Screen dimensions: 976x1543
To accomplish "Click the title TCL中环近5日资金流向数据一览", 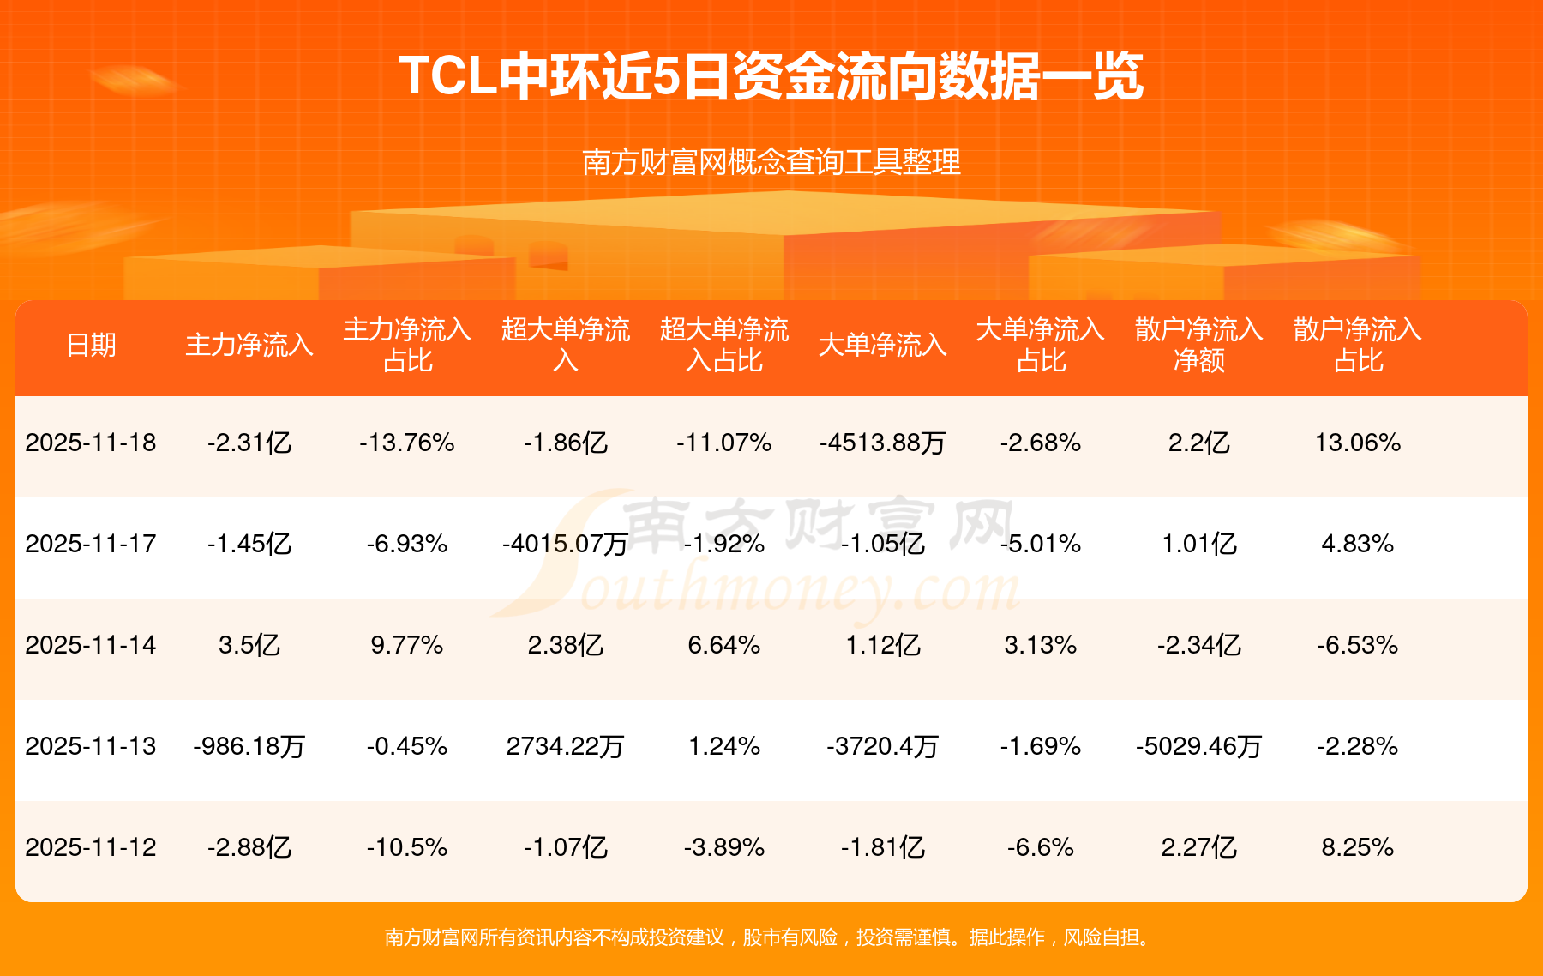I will pos(771,76).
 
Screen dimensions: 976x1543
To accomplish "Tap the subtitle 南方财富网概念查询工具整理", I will pos(771,162).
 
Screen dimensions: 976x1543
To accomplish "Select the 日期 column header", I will pos(91,345).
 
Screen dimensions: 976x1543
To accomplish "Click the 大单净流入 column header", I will pos(882,345).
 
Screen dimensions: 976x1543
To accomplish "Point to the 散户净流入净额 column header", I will pos(1198,345).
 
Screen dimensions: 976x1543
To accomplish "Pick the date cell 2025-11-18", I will pos(91,443).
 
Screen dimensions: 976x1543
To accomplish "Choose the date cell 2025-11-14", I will pos(91,645).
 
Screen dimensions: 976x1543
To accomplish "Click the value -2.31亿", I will pos(249,443).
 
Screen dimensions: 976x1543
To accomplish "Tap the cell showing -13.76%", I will pos(407,443).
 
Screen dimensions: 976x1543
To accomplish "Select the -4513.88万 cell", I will pos(882,443).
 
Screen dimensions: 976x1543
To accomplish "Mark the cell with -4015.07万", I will pos(565,544).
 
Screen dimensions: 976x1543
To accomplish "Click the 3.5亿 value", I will pos(249,645).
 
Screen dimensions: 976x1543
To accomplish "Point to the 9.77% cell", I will pos(407,645).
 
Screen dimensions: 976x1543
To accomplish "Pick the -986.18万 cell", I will pos(249,746).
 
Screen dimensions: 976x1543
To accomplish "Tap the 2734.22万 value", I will pos(565,746).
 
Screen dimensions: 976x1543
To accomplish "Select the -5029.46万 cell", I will pos(1198,746).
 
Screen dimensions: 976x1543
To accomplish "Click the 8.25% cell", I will pos(1358,847).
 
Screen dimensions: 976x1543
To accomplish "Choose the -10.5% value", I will pos(407,847).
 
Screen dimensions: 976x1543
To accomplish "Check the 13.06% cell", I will pos(1358,443).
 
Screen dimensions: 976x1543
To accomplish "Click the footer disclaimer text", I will pos(771,937).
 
